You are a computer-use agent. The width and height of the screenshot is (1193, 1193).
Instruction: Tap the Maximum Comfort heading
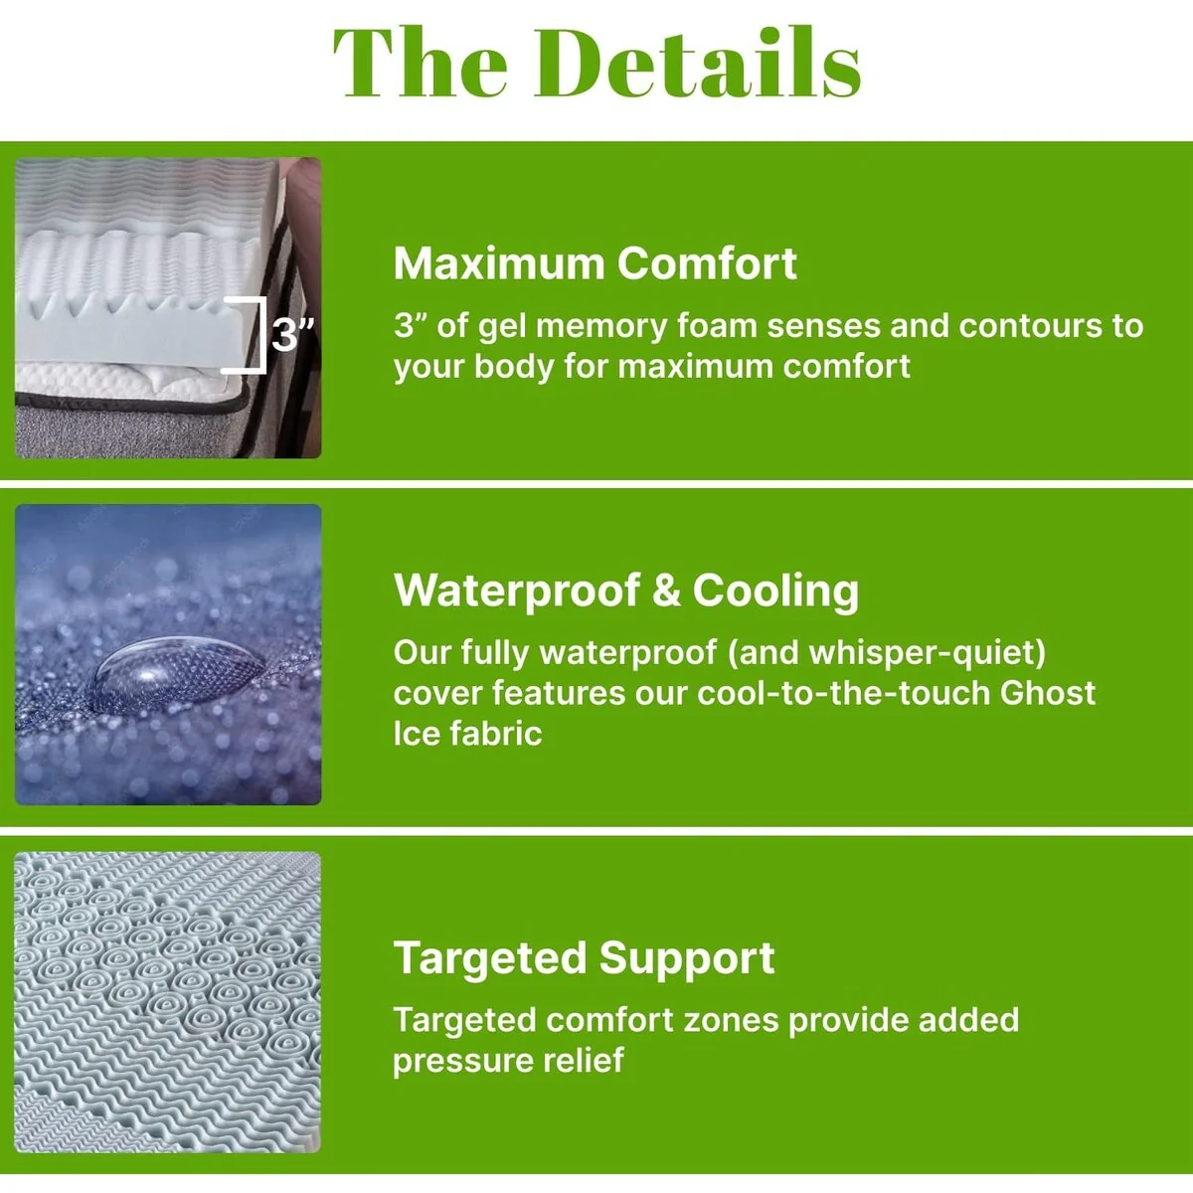(x=595, y=264)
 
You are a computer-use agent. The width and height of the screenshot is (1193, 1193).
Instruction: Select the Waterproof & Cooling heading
(x=626, y=592)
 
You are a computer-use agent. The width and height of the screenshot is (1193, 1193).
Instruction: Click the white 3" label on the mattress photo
(x=293, y=335)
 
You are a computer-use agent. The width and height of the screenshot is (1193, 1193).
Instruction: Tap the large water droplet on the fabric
(x=176, y=672)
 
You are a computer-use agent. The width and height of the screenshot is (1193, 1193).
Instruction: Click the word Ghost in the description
(x=1048, y=693)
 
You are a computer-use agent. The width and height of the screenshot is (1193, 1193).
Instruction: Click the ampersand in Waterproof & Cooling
(x=666, y=592)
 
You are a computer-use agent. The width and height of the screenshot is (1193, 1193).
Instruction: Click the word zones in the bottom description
(x=730, y=1020)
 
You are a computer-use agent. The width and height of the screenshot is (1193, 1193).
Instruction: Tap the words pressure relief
(x=508, y=1062)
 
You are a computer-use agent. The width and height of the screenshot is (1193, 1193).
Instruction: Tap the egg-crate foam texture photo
(x=168, y=1002)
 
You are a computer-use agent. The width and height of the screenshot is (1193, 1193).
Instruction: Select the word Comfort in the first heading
(x=707, y=264)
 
